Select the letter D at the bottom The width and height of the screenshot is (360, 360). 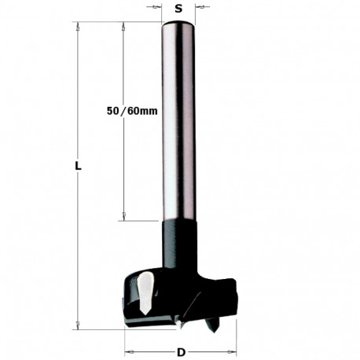point(180,352)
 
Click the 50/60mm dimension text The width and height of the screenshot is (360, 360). point(131,112)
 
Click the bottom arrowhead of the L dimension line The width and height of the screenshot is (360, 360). point(77,324)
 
